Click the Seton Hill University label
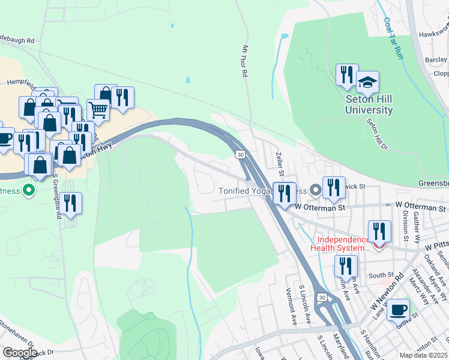(369, 105)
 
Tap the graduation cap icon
(367, 82)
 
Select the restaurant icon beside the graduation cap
(346, 75)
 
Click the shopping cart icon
(98, 110)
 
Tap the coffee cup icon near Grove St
(399, 310)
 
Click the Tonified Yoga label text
(244, 191)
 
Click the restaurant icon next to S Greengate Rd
(71, 203)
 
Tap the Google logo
(20, 353)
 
